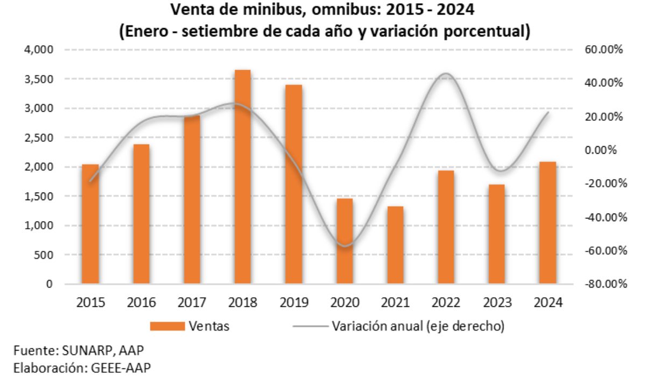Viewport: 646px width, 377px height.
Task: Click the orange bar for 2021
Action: click(x=395, y=245)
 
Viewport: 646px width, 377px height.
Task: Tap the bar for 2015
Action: click(x=90, y=224)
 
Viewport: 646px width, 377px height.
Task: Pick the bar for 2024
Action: click(x=547, y=222)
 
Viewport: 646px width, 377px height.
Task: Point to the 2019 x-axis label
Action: click(x=293, y=303)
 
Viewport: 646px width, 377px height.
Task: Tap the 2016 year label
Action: click(x=141, y=303)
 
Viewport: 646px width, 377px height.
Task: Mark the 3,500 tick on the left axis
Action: click(x=40, y=79)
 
